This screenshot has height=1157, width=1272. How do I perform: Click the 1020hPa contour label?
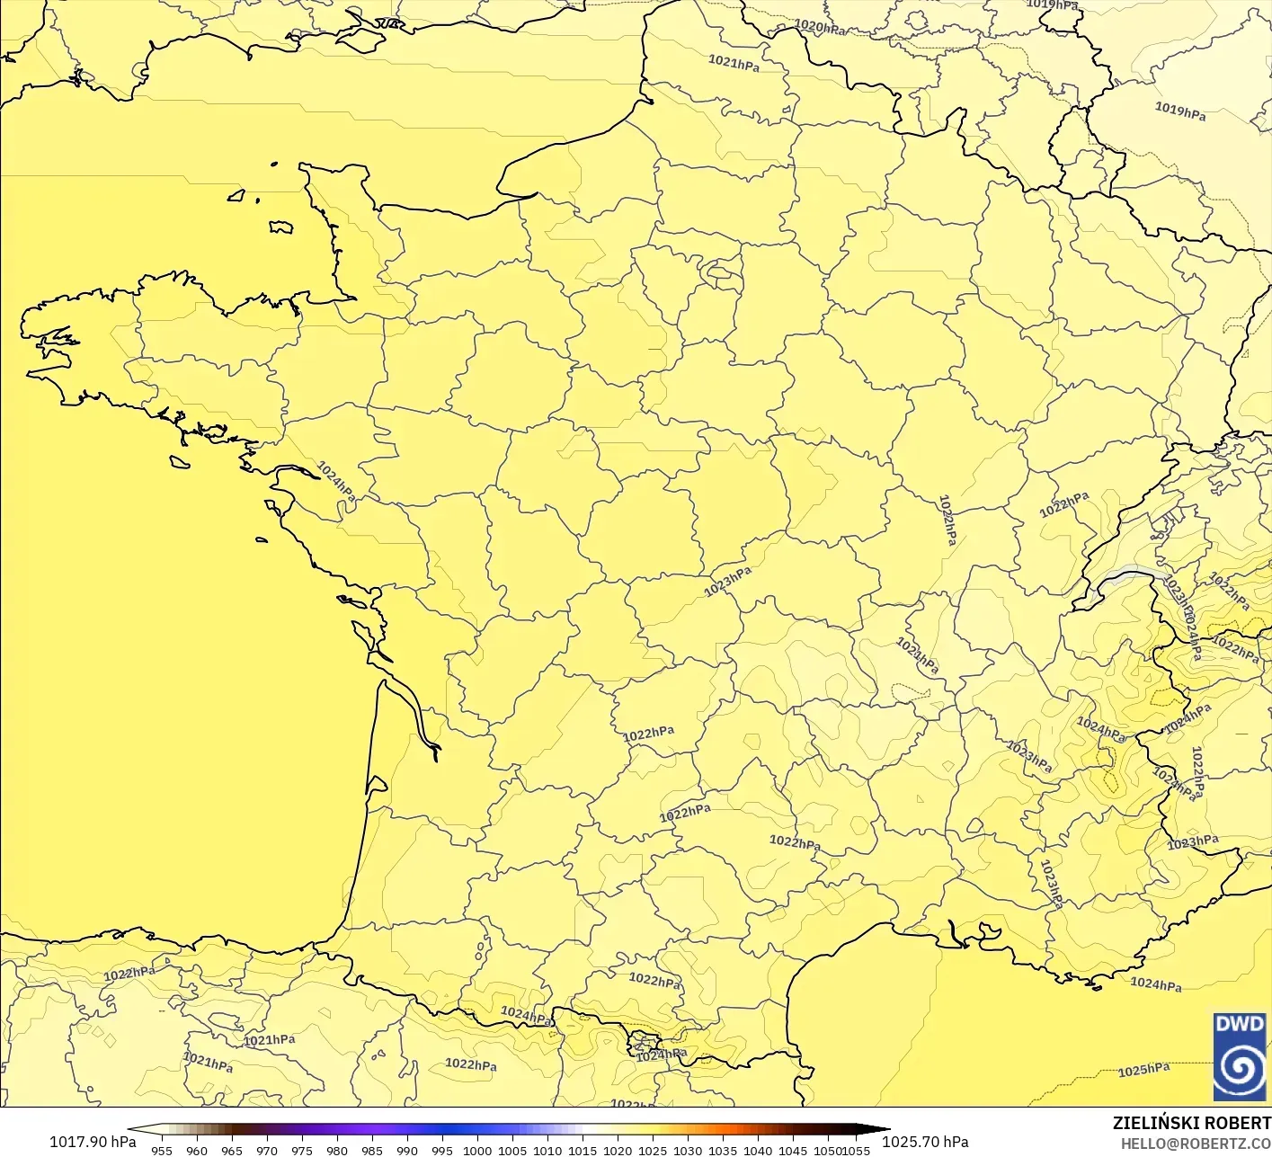coord(820,27)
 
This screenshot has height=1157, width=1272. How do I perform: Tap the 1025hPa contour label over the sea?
coord(1143,1070)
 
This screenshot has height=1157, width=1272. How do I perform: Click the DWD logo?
coord(1240,1056)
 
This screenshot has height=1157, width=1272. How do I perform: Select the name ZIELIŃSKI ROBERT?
coord(1191,1123)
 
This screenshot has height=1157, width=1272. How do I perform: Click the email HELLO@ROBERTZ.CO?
coord(1196,1143)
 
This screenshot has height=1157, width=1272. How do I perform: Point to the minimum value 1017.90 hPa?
coord(92,1142)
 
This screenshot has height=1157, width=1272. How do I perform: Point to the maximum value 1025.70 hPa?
coord(925,1142)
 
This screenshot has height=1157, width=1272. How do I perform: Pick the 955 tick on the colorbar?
coord(162,1150)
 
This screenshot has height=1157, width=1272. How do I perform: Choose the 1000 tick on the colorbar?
coord(477,1150)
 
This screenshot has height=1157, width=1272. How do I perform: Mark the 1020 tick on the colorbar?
coord(618,1150)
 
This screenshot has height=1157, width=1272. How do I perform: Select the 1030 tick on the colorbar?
coord(688,1150)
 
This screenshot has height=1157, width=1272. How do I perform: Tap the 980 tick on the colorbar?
coord(337,1150)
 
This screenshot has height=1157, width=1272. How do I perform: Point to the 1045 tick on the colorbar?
coord(793,1150)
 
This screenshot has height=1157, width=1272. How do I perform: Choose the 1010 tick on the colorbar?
coord(547,1150)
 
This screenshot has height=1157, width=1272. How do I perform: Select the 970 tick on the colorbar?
coord(267,1150)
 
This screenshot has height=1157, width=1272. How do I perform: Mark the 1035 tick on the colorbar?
coord(723,1150)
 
